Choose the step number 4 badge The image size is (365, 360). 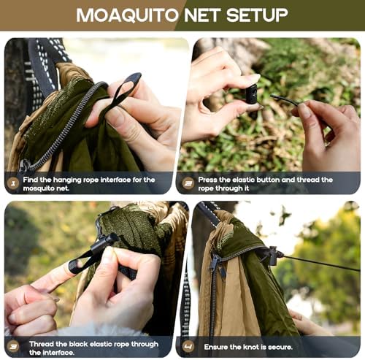click(x=188, y=344)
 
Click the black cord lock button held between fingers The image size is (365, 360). click(x=251, y=94)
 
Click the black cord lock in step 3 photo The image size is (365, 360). click(x=102, y=243)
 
